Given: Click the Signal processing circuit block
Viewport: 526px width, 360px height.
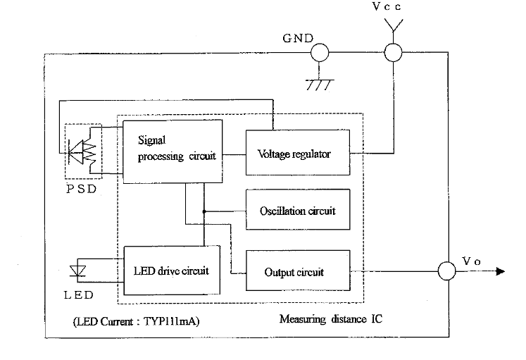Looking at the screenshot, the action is [x=173, y=151].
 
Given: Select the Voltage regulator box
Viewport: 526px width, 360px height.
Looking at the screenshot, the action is [x=298, y=153].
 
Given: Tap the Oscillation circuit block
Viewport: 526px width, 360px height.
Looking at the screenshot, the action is [x=298, y=210].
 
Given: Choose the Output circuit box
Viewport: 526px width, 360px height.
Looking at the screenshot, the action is [x=298, y=271].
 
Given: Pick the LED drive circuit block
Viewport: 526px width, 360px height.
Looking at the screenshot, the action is [x=172, y=271].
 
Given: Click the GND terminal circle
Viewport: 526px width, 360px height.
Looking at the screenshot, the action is [x=320, y=53].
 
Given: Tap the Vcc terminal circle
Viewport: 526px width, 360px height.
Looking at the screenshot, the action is [x=393, y=53].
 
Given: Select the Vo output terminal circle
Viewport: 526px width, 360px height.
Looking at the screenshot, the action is [x=447, y=271].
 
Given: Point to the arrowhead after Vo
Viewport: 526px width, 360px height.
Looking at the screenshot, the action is [x=500, y=271].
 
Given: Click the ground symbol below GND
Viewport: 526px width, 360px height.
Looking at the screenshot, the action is [x=320, y=85].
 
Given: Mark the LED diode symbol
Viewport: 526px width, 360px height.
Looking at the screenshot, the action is [x=77, y=271].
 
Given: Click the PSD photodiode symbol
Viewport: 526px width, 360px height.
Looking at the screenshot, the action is [x=82, y=151].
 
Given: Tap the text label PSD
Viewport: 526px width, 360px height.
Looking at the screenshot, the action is [x=82, y=189].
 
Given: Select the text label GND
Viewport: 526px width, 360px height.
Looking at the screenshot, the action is [x=298, y=38].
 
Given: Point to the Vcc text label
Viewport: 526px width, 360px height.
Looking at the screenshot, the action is [x=387, y=6].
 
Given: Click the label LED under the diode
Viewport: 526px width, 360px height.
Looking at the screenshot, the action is [x=78, y=295].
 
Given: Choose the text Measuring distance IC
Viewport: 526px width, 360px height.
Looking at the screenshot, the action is [x=331, y=318].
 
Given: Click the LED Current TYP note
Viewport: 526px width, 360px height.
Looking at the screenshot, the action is [x=136, y=321].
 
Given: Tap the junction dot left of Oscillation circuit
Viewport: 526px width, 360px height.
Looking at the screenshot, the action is [x=204, y=211].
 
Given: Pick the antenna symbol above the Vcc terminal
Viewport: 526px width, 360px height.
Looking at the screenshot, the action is [x=393, y=25].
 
